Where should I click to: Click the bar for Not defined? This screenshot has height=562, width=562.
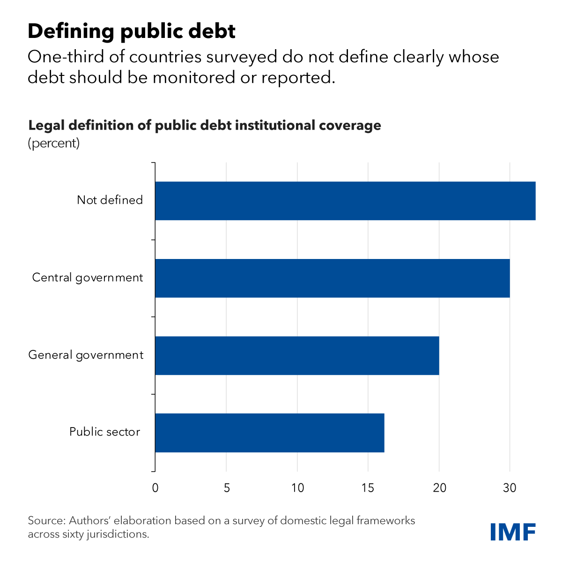point(345,200)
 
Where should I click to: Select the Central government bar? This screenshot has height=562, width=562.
point(333,278)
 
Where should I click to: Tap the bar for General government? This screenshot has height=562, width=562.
point(297,355)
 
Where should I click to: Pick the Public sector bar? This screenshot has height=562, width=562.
point(269,433)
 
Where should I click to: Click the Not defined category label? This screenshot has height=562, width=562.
point(110,200)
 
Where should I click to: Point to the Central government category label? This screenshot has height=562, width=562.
point(88,278)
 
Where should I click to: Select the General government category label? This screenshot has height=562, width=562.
point(86,355)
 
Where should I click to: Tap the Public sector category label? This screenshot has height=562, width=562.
point(104,432)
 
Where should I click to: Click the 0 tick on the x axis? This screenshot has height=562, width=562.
point(155,488)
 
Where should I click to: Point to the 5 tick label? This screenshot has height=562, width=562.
point(226,488)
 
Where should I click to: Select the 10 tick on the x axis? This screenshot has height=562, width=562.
point(297,488)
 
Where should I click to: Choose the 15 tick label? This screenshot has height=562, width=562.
point(368,488)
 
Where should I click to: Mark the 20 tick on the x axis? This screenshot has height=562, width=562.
point(439,488)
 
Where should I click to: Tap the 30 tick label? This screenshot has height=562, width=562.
point(510,488)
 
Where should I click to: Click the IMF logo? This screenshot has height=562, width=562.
point(513,532)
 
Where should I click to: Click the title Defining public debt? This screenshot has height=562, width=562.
point(132,31)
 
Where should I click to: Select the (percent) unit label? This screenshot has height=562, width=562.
point(54,143)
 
